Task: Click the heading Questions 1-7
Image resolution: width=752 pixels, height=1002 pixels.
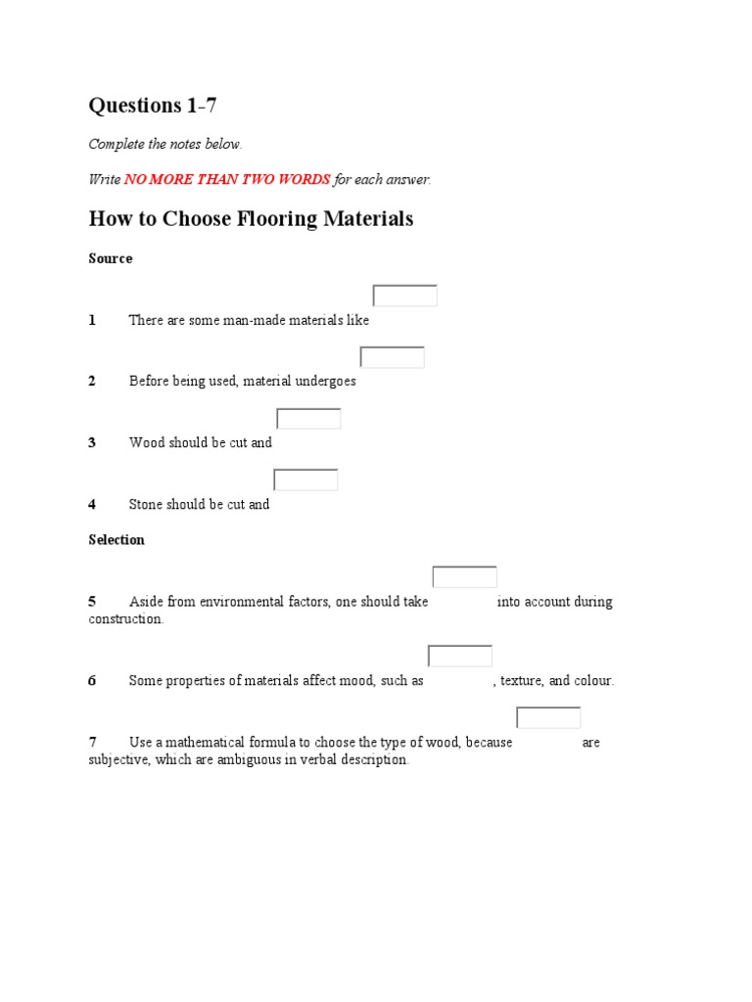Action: point(152,106)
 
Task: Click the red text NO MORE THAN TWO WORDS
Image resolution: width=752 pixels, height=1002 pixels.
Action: point(227,180)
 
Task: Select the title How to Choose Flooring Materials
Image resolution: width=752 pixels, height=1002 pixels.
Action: point(251,218)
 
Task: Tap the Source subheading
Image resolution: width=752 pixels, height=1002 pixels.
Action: point(111,258)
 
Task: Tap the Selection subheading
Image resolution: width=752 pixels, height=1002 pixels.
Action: point(117,539)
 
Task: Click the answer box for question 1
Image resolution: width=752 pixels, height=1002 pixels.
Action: point(404,296)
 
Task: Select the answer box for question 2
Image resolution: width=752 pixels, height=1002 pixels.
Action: point(392,357)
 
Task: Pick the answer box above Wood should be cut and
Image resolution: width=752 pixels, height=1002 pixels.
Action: point(308,419)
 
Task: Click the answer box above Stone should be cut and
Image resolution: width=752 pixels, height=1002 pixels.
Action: point(305,479)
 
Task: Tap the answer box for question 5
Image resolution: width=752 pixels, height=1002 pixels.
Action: point(464,577)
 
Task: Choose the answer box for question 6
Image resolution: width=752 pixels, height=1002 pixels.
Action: point(459,656)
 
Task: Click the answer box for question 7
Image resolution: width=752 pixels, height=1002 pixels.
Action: point(548,717)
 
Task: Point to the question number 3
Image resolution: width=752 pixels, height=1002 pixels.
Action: point(92,442)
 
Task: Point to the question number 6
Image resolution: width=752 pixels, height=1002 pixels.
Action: point(92,681)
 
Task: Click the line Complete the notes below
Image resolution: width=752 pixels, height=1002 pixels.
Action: point(164,144)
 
